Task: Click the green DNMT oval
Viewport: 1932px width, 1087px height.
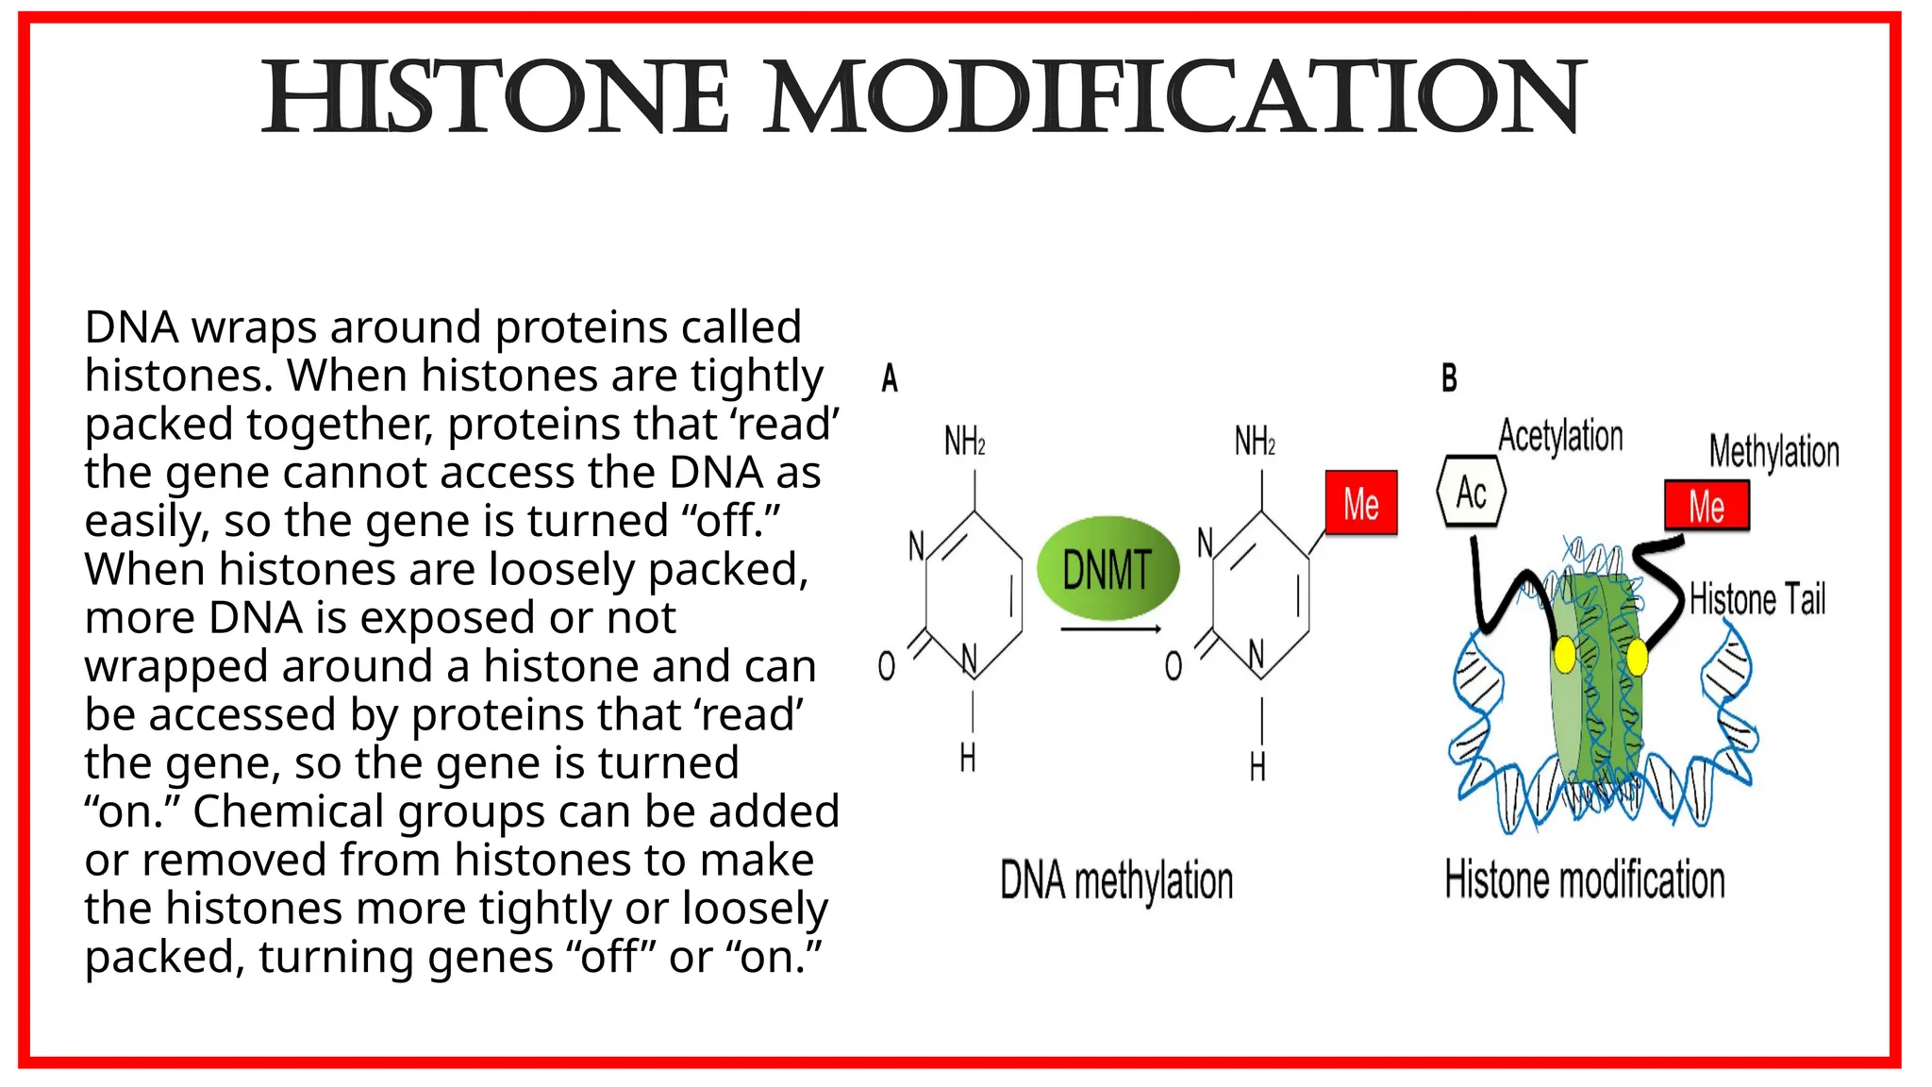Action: point(1108,568)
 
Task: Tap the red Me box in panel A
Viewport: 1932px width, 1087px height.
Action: point(1360,503)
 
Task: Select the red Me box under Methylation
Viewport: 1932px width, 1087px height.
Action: point(1707,506)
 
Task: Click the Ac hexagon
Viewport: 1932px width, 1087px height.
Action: point(1471,492)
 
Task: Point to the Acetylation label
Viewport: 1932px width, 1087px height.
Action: point(1560,436)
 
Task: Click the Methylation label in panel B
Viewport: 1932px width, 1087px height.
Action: point(1774,451)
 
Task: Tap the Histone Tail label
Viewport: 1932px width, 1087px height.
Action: point(1757,599)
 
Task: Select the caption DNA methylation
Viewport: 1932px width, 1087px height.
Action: point(1116,880)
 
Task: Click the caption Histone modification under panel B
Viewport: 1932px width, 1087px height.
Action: point(1584,879)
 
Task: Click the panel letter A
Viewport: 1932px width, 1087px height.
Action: point(890,378)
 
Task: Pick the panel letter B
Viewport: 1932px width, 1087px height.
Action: point(1449,378)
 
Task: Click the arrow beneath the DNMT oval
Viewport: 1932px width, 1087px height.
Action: point(1109,629)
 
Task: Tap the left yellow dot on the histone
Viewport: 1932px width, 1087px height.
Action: point(1564,655)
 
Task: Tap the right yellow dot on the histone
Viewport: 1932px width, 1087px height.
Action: point(1637,657)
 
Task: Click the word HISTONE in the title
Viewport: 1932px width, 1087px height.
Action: point(495,98)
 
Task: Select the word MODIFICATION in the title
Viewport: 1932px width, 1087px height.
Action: point(1174,98)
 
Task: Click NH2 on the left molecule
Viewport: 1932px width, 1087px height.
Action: point(965,441)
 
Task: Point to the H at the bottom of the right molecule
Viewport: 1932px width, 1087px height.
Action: point(1257,767)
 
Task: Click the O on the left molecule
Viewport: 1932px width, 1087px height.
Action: point(887,666)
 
